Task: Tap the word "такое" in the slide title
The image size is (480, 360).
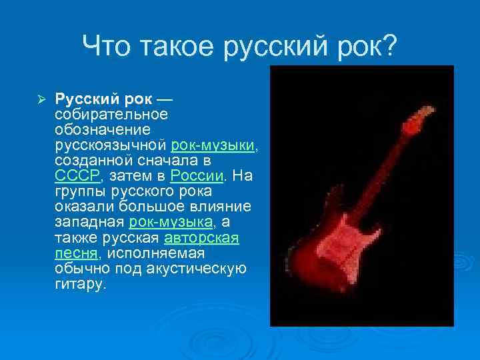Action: (176, 46)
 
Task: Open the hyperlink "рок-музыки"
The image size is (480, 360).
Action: (213, 145)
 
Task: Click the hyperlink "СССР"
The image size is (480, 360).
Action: (77, 175)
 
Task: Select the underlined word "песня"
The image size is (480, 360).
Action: (75, 253)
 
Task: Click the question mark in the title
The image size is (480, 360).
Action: (388, 46)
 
